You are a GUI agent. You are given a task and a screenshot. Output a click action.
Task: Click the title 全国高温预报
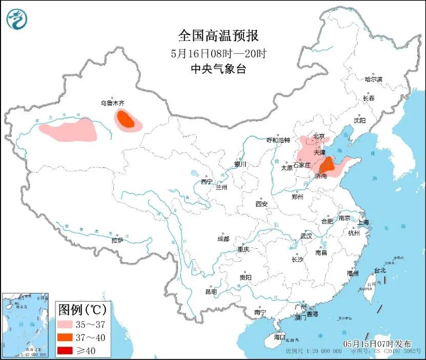[218, 35]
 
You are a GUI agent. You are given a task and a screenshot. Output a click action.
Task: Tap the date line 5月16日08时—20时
[218, 53]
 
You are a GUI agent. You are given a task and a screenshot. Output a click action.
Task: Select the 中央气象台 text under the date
[218, 69]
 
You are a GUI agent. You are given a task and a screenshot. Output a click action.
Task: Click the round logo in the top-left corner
[17, 18]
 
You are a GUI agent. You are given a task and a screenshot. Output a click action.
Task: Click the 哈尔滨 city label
[374, 79]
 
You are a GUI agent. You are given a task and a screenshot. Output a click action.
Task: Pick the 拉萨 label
[117, 240]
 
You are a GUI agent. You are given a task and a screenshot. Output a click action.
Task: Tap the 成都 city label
[224, 239]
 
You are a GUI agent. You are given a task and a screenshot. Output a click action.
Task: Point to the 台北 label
[380, 270]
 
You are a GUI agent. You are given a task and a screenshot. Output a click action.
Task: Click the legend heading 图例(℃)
[82, 310]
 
